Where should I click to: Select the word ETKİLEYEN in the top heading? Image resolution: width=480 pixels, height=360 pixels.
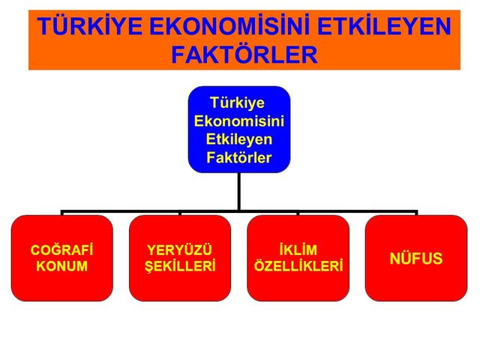pos(384,25)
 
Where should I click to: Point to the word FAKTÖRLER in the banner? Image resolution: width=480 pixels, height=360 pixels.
pos(244,55)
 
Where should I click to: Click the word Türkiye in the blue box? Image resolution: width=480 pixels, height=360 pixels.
pos(238,103)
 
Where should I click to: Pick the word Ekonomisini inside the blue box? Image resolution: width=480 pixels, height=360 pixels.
pos(239,121)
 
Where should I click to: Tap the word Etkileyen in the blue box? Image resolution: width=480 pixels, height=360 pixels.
pos(239,139)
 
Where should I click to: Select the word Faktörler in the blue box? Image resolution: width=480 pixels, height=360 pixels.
pos(239,157)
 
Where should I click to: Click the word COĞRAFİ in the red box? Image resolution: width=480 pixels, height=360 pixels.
pos(61,250)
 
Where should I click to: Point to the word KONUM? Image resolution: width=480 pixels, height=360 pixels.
pos(61,265)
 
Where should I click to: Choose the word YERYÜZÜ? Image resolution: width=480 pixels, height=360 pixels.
pos(180,249)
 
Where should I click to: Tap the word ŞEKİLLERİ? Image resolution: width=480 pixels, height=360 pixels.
pos(180,265)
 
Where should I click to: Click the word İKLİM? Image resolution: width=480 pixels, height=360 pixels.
pos(298,250)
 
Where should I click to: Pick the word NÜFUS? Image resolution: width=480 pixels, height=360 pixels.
pos(416,258)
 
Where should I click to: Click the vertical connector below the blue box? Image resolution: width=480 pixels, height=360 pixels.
pos(238,192)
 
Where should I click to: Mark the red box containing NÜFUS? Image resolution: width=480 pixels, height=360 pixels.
pos(416,258)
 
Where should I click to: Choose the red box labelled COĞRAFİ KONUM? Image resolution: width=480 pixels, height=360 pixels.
pos(62,258)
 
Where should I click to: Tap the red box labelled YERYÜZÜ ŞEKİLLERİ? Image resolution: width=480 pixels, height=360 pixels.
pos(180,258)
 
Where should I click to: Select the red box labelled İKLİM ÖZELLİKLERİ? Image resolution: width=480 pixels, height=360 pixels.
pos(298,258)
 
